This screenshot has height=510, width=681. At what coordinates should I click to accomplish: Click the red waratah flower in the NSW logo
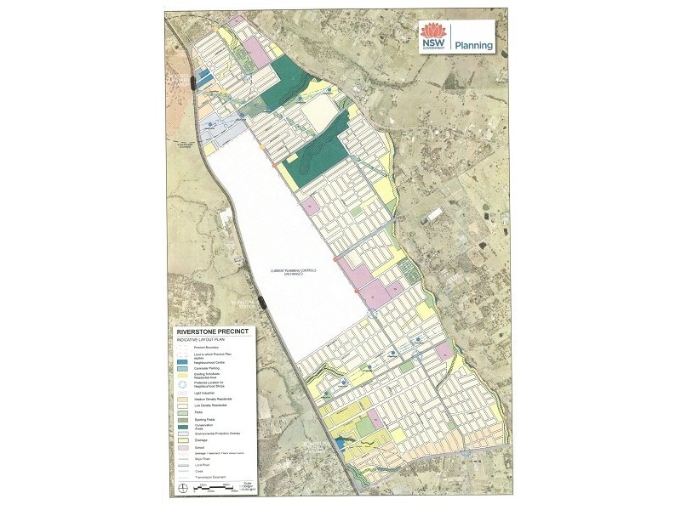click(432, 33)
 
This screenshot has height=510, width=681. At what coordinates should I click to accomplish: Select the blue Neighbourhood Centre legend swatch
click(182, 362)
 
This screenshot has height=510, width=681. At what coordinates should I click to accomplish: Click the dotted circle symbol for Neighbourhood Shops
click(182, 383)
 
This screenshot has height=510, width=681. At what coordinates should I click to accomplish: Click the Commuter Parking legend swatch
click(182, 369)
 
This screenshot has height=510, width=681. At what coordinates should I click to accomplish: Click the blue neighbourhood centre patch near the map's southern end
click(339, 443)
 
